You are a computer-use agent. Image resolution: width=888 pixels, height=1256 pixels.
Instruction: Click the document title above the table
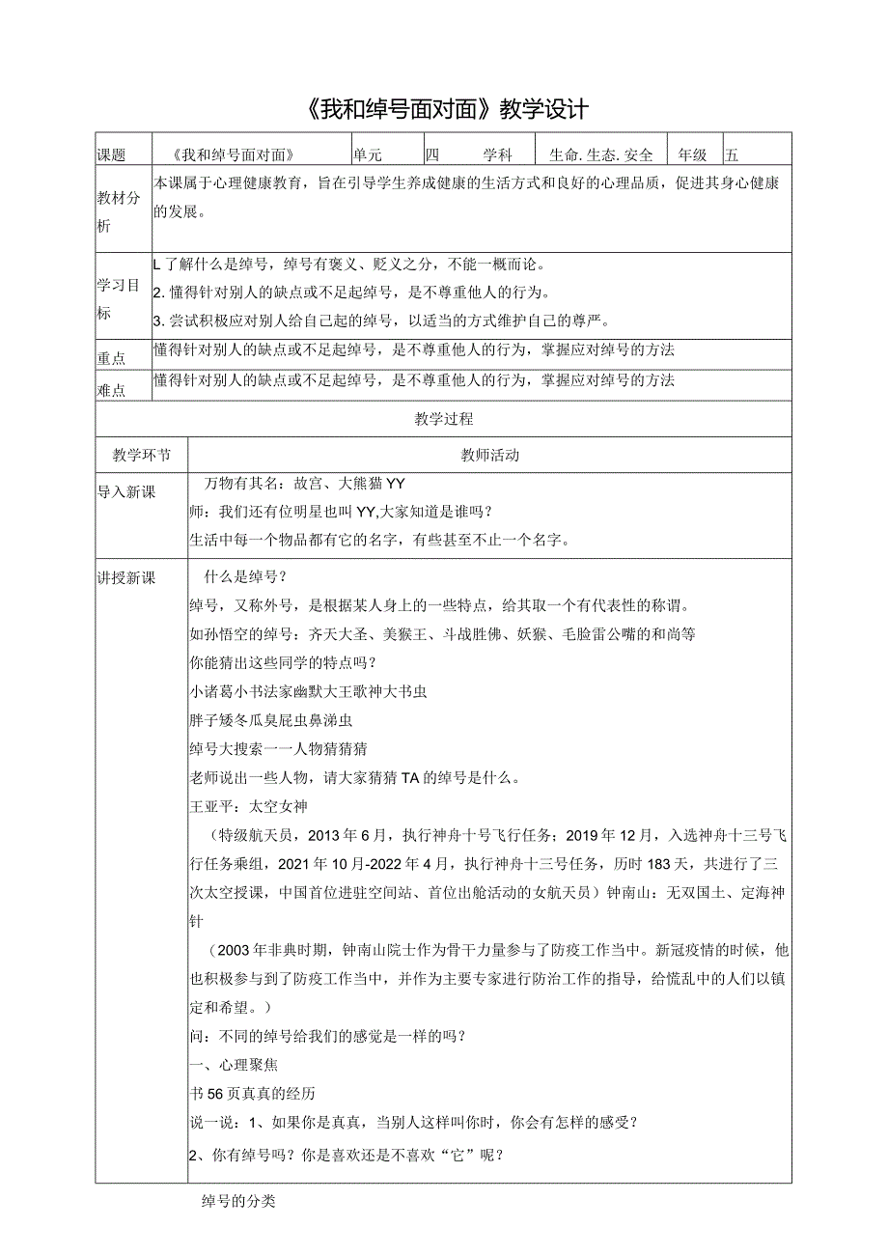pyautogui.click(x=445, y=108)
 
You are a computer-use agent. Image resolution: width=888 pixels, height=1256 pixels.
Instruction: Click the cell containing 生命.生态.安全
pyautogui.click(x=600, y=154)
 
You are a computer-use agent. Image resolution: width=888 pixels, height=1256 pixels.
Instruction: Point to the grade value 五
pyautogui.click(x=732, y=154)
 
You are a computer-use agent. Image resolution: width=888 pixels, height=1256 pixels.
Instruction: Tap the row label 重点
pyautogui.click(x=112, y=357)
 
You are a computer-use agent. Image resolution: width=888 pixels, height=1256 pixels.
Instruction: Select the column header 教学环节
pyautogui.click(x=141, y=456)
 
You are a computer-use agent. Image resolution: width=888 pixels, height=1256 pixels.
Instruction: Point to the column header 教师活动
pyautogui.click(x=489, y=456)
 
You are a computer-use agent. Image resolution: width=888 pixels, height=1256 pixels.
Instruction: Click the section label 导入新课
pyautogui.click(x=125, y=492)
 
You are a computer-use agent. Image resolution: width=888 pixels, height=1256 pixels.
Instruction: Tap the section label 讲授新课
pyautogui.click(x=125, y=577)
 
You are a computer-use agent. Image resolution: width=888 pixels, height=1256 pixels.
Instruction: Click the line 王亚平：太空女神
pyautogui.click(x=249, y=805)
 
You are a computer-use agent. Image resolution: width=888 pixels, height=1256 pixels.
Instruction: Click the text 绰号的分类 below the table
pyautogui.click(x=238, y=1202)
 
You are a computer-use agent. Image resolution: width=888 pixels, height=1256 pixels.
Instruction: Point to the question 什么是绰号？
pyautogui.click(x=245, y=577)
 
